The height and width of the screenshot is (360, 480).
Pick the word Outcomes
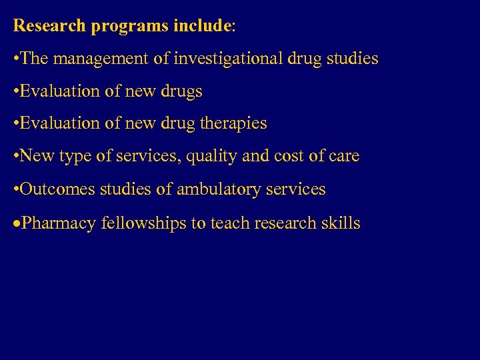[x=58, y=189]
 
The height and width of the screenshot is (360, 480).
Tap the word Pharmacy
[x=59, y=223]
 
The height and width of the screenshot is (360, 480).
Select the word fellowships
[x=143, y=223]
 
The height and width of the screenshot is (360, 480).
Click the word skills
[x=343, y=223]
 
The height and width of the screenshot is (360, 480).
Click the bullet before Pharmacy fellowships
[x=17, y=223]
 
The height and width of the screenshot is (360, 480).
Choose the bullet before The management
[x=17, y=59]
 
